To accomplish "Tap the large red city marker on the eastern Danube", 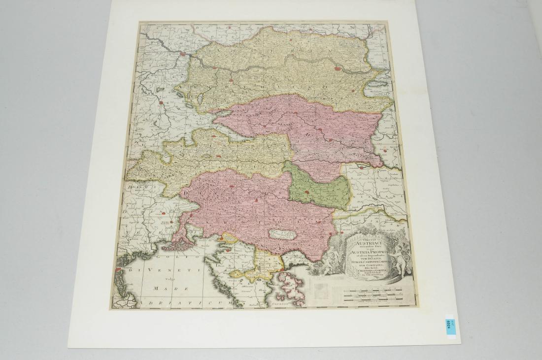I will coord(338,68).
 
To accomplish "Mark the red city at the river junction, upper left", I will coord(183,54).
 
